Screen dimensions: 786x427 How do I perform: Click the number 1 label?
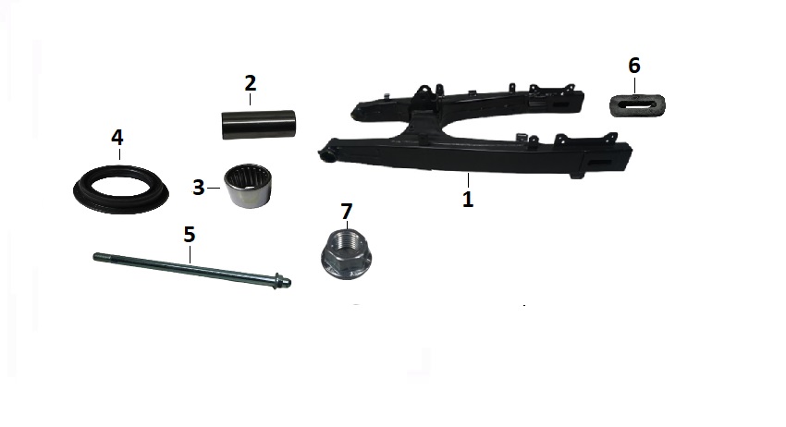tap(468, 199)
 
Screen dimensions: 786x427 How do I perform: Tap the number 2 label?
tap(251, 83)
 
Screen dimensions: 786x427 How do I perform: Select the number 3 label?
tap(199, 188)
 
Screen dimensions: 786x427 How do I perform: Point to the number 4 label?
tap(117, 138)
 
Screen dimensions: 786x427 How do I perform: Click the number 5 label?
tap(189, 235)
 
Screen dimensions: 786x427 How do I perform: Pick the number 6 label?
tap(634, 66)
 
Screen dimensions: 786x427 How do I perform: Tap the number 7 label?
tap(347, 212)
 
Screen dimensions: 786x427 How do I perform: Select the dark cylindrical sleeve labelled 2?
tap(259, 124)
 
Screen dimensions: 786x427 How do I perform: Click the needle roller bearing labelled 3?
tap(248, 186)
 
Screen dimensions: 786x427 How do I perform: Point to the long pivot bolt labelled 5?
tap(192, 271)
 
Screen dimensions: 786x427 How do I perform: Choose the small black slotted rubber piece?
tap(637, 105)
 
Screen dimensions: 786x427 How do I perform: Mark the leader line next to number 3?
tap(214, 188)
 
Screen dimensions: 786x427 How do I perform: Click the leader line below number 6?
tap(634, 85)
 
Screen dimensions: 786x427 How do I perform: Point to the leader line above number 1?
tap(468, 180)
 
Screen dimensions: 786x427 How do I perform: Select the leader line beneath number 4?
tap(119, 153)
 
